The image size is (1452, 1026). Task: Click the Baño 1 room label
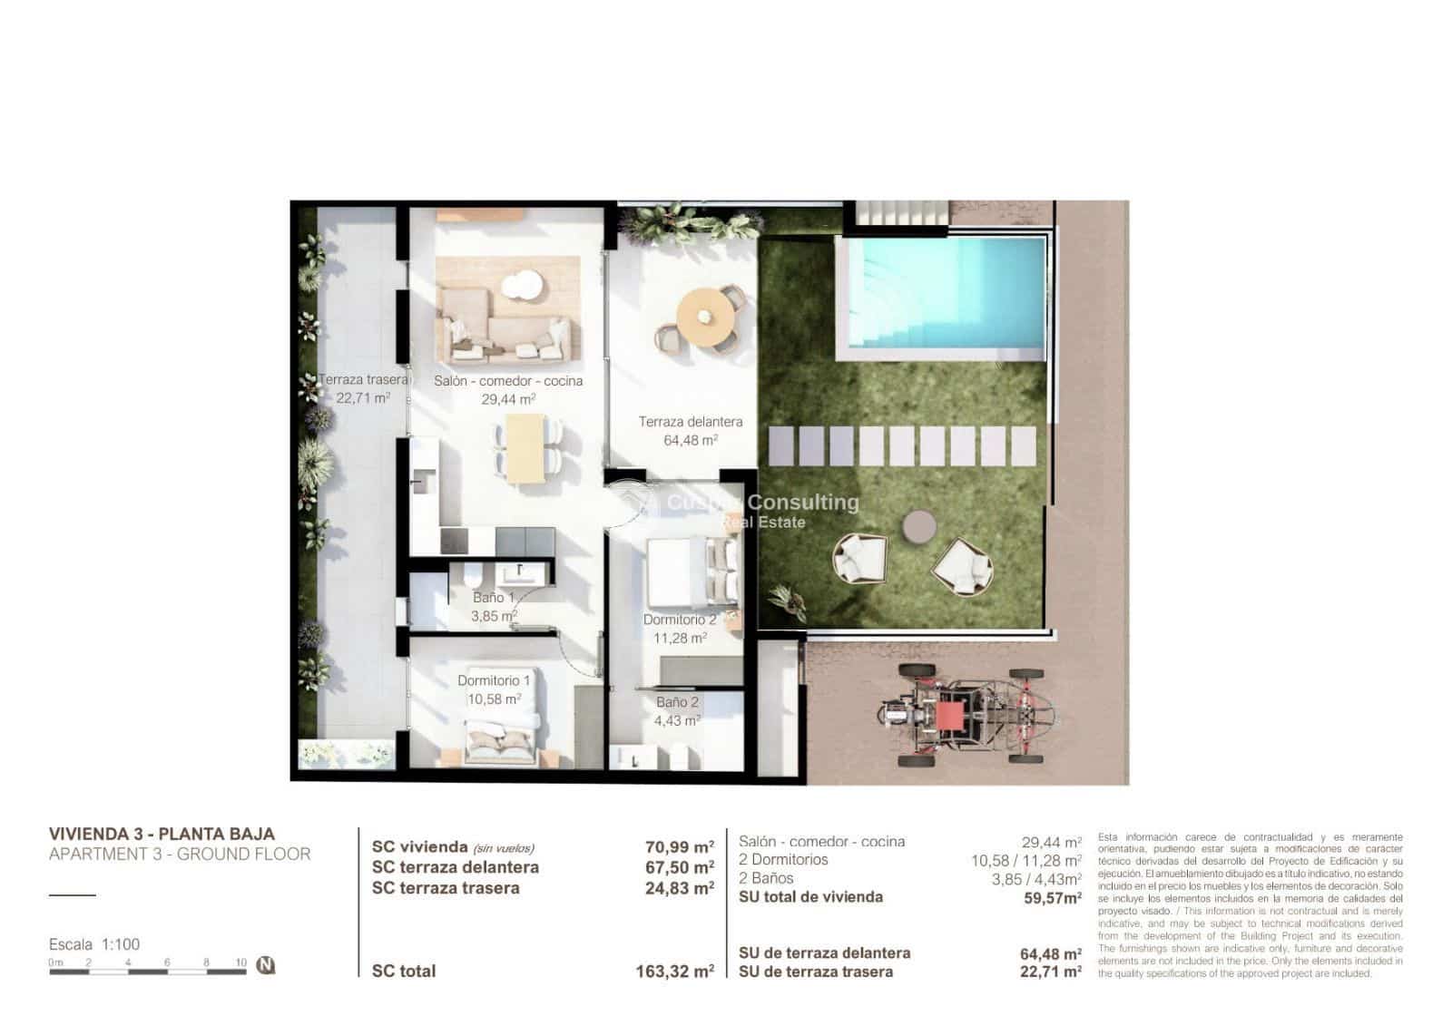point(494,598)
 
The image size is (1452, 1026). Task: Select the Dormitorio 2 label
point(680,620)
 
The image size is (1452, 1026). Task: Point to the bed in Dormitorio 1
point(499,742)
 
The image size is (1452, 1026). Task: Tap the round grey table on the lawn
point(920,527)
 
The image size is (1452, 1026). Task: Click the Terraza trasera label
point(363,379)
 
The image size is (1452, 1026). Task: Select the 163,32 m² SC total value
point(674,972)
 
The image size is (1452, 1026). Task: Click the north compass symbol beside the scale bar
point(266,965)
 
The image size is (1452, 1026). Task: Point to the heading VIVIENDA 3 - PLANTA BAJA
point(162,834)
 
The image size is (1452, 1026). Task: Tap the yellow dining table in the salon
point(525,447)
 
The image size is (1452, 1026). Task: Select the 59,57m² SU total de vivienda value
point(1052,898)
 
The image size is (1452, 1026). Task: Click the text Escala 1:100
point(94,944)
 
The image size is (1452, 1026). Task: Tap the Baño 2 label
point(677,702)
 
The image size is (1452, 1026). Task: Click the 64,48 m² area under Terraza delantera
point(691,441)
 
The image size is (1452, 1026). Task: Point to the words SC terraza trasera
point(446,888)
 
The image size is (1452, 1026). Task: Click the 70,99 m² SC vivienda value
point(679,847)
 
